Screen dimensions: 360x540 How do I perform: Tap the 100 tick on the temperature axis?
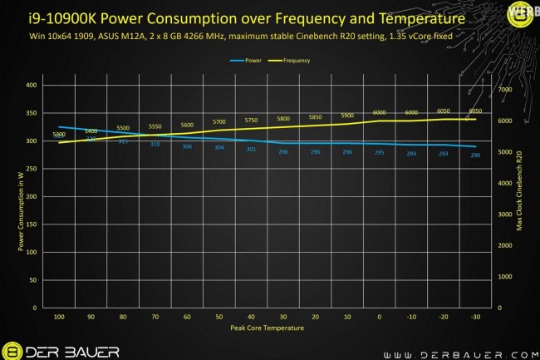pos(58,318)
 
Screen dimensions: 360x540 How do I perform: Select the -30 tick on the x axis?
pos(475,318)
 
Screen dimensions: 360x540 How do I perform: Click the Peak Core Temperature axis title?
pos(267,329)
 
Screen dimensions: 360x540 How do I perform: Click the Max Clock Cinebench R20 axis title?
pos(520,196)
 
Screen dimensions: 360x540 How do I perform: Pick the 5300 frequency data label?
pos(58,135)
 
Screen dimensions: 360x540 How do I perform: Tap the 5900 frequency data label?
pos(347,116)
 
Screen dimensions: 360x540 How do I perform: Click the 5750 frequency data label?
pos(251,121)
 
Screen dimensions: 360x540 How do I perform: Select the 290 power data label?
pos(475,155)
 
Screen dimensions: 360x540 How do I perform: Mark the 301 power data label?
pos(251,150)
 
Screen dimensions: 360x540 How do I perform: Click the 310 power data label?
pos(155,145)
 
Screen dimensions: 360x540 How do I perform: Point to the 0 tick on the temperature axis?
pos(379,318)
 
